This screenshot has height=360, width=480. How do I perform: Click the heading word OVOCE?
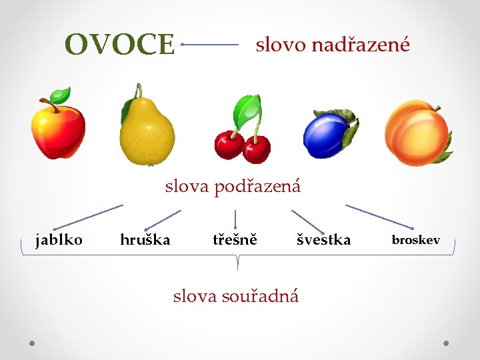[x=119, y=45]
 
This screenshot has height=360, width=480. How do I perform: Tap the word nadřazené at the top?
[x=361, y=45]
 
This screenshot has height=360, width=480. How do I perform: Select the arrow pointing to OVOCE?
[x=209, y=45]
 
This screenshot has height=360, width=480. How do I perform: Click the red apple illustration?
[x=59, y=128]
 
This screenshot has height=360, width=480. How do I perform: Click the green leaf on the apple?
[x=61, y=94]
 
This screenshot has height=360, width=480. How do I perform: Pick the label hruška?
[x=145, y=239]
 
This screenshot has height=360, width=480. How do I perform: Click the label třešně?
[x=235, y=239]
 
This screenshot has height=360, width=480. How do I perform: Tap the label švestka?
[x=323, y=239]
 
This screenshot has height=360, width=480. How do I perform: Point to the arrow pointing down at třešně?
[x=235, y=219]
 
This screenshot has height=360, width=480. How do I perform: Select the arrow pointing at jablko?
[x=87, y=217]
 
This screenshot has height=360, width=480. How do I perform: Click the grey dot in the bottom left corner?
[x=32, y=343]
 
